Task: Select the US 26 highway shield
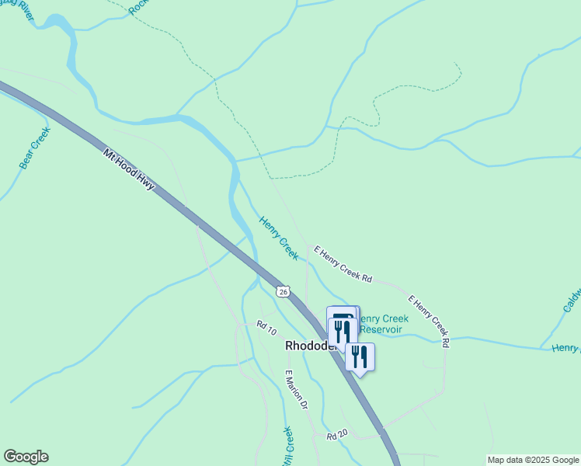(x=282, y=290)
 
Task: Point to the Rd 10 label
(x=267, y=329)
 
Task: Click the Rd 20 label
(x=337, y=436)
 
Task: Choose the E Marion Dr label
(x=297, y=389)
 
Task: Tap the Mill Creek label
(x=286, y=447)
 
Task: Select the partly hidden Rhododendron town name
(x=309, y=346)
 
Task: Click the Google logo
(x=26, y=457)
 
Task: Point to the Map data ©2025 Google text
(x=534, y=460)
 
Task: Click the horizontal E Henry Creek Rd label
(x=343, y=264)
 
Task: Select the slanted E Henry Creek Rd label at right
(x=429, y=320)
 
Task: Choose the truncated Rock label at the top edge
(x=139, y=6)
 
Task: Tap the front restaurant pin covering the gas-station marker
(x=342, y=332)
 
